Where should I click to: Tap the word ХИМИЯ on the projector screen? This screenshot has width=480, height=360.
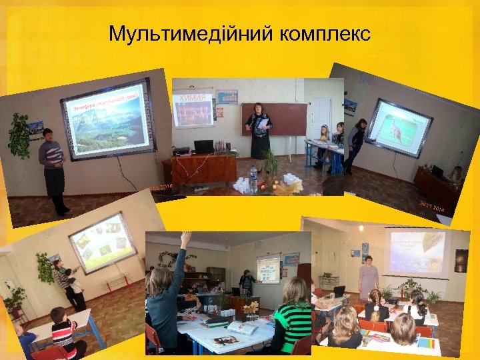click(x=193, y=97)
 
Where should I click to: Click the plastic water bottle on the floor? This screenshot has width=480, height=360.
click(x=253, y=177)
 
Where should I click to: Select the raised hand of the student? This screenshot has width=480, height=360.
click(x=186, y=240)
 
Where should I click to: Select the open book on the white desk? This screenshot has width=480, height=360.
click(x=241, y=327)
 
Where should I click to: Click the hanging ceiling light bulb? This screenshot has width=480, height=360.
click(x=361, y=227)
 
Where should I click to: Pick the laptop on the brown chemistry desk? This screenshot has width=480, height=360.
click(x=203, y=146)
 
